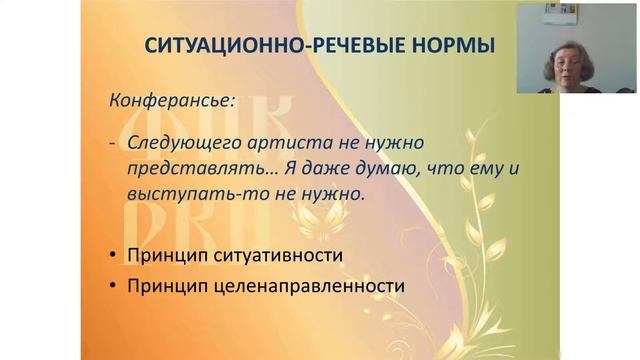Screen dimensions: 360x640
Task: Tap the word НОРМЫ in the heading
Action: pos(458,47)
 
